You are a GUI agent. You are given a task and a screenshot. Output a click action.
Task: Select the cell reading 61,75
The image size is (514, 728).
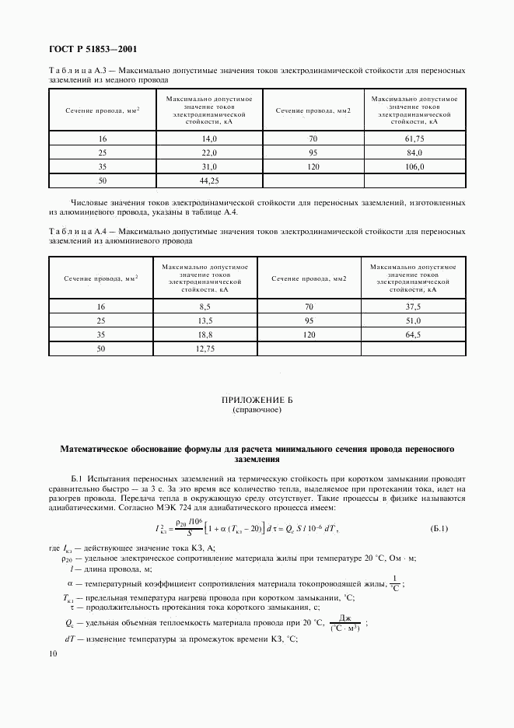point(414,138)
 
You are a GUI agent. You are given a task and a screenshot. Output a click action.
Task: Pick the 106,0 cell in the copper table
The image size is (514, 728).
point(414,166)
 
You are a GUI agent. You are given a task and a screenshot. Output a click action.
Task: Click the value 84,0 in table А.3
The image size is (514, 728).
point(414,152)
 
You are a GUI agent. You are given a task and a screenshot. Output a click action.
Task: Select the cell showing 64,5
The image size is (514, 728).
point(413,335)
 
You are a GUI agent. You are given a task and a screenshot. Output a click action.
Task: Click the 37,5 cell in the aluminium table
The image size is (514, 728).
point(413,306)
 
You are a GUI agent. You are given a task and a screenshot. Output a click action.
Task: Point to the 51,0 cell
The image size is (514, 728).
point(413,320)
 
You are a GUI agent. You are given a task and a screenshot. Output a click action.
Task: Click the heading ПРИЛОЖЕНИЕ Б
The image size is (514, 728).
point(256,400)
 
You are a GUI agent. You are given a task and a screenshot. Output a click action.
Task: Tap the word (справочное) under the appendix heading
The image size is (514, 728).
point(256,409)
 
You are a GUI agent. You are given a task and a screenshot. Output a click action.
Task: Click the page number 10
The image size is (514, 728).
point(52,655)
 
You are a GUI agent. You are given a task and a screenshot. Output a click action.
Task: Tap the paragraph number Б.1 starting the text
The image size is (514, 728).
point(75,478)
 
